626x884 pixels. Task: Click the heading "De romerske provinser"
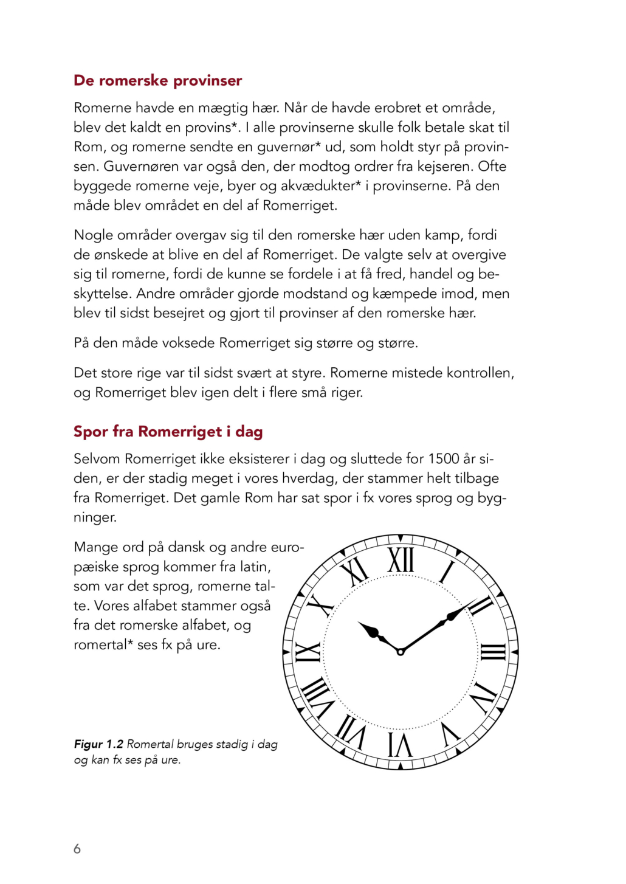pyautogui.click(x=157, y=81)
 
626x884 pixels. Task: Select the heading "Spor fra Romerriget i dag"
pyautogui.click(x=168, y=432)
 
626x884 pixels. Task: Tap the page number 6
pyautogui.click(x=77, y=849)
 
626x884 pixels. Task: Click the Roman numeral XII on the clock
pyautogui.click(x=401, y=560)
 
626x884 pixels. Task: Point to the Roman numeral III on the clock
pyautogui.click(x=493, y=652)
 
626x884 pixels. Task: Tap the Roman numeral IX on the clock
pyautogui.click(x=308, y=652)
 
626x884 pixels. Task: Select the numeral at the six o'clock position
pyautogui.click(x=401, y=744)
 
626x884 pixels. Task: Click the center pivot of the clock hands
pyautogui.click(x=401, y=652)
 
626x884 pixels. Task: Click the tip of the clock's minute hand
pyautogui.click(x=476, y=600)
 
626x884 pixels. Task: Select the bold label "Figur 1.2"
pyautogui.click(x=98, y=744)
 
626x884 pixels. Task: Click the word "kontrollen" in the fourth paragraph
pyautogui.click(x=480, y=373)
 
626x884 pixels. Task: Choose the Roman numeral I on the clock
pyautogui.click(x=447, y=572)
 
